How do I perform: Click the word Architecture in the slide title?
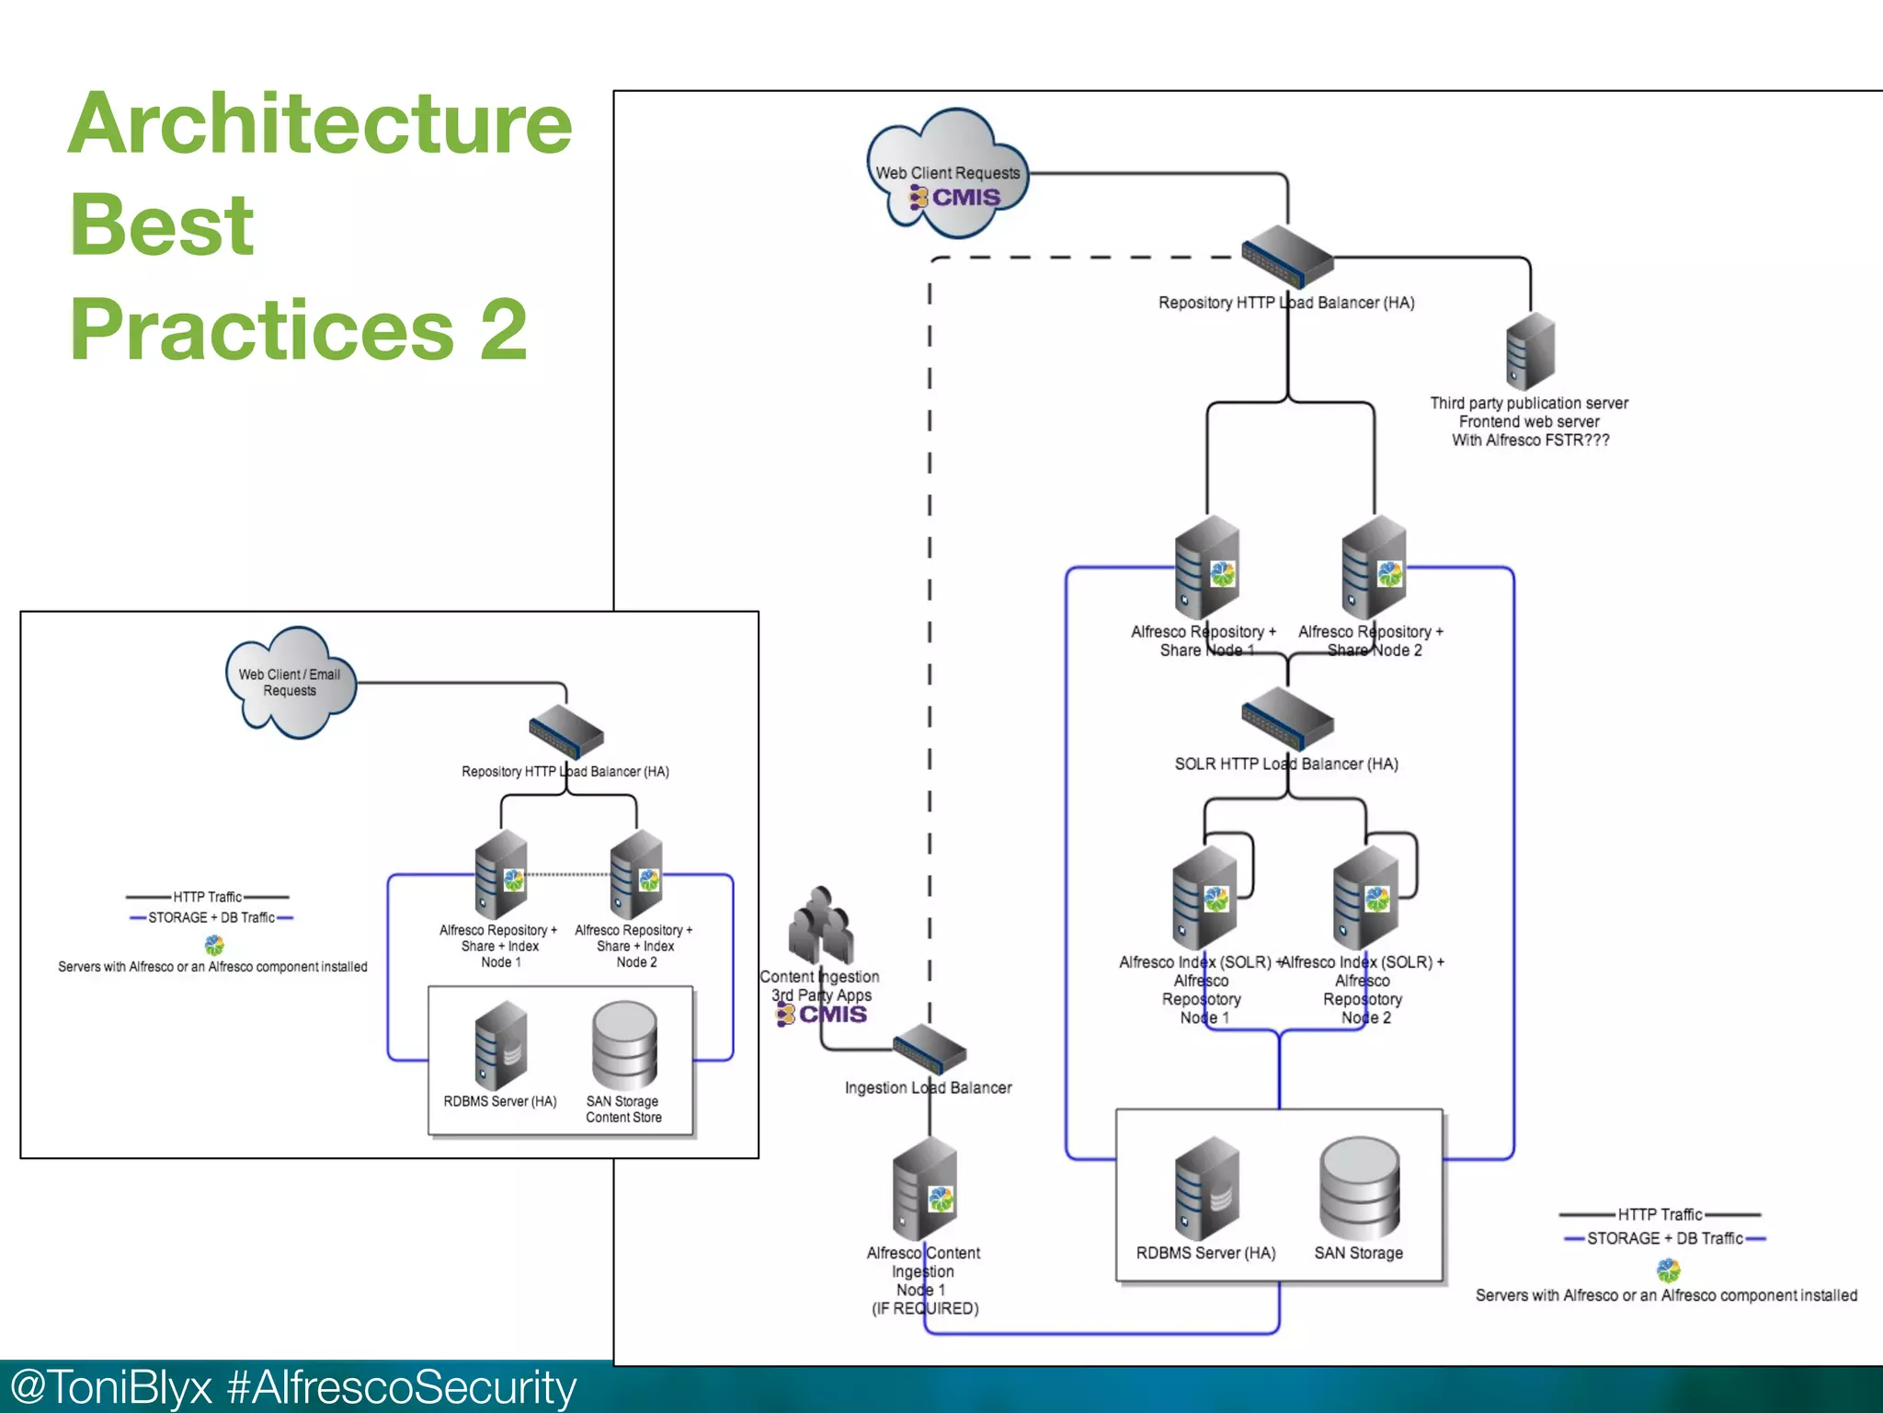click(320, 124)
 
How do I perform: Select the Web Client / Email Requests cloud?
click(290, 683)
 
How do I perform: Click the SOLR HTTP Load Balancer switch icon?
click(1286, 718)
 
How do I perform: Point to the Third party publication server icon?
click(1530, 351)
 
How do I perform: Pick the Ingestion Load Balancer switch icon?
click(930, 1049)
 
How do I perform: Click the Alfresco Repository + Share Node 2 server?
click(1374, 567)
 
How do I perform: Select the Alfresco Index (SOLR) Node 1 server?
click(1204, 898)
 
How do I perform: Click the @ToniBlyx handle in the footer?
click(110, 1387)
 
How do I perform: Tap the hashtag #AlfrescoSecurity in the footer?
click(402, 1387)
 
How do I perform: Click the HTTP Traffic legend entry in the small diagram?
click(208, 897)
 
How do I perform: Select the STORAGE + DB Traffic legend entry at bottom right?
click(1664, 1238)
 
